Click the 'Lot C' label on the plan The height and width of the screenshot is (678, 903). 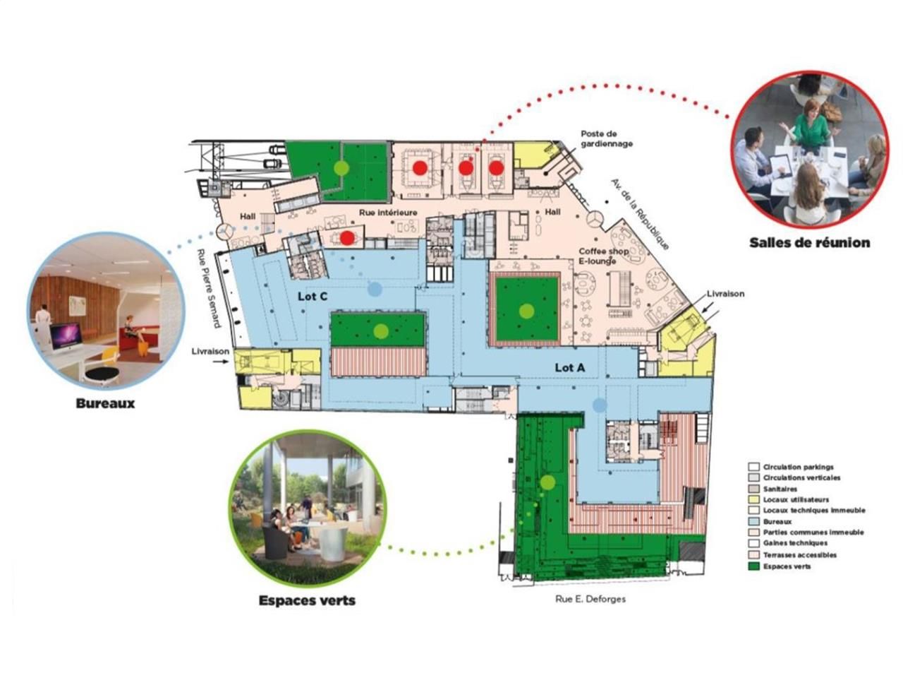pyautogui.click(x=312, y=296)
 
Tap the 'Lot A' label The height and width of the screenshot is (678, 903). pyautogui.click(x=569, y=367)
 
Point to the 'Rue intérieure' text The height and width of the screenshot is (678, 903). pyautogui.click(x=388, y=213)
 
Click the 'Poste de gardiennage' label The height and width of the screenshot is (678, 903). pyautogui.click(x=607, y=138)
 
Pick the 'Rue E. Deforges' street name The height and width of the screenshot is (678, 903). pyautogui.click(x=590, y=599)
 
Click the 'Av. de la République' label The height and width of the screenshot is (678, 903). pyautogui.click(x=640, y=214)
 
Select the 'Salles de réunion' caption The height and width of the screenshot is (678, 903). pyautogui.click(x=809, y=243)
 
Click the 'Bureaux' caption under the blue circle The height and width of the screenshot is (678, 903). pyautogui.click(x=105, y=404)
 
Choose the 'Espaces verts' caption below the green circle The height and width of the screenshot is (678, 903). pyautogui.click(x=307, y=601)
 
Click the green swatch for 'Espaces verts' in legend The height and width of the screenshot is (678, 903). pyautogui.click(x=753, y=566)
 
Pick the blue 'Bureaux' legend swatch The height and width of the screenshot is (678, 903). pyautogui.click(x=753, y=522)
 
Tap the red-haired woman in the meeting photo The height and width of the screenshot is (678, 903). pyautogui.click(x=812, y=124)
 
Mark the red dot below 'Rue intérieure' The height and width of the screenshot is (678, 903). pyautogui.click(x=346, y=238)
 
